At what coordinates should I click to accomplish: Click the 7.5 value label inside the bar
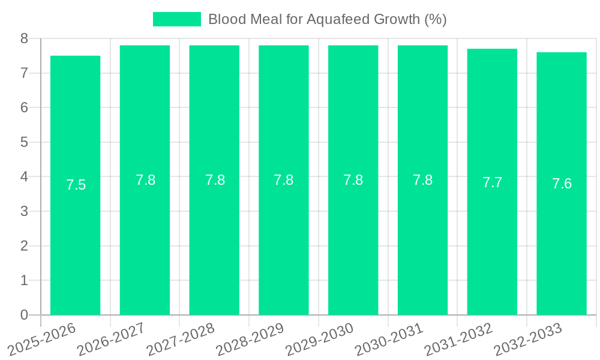click(x=76, y=185)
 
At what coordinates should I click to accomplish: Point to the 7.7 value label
click(x=492, y=183)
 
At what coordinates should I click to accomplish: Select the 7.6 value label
click(x=562, y=184)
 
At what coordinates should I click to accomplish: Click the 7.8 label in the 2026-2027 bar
click(x=145, y=180)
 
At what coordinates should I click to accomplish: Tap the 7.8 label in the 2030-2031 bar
click(x=422, y=180)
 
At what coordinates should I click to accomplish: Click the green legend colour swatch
click(x=176, y=19)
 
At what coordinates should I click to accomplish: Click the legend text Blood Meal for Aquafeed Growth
click(x=327, y=19)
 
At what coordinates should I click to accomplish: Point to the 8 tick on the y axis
click(x=24, y=38)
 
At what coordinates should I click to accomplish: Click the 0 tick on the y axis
click(x=24, y=315)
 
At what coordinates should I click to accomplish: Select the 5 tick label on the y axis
click(x=24, y=142)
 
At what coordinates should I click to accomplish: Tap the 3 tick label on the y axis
click(x=24, y=211)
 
